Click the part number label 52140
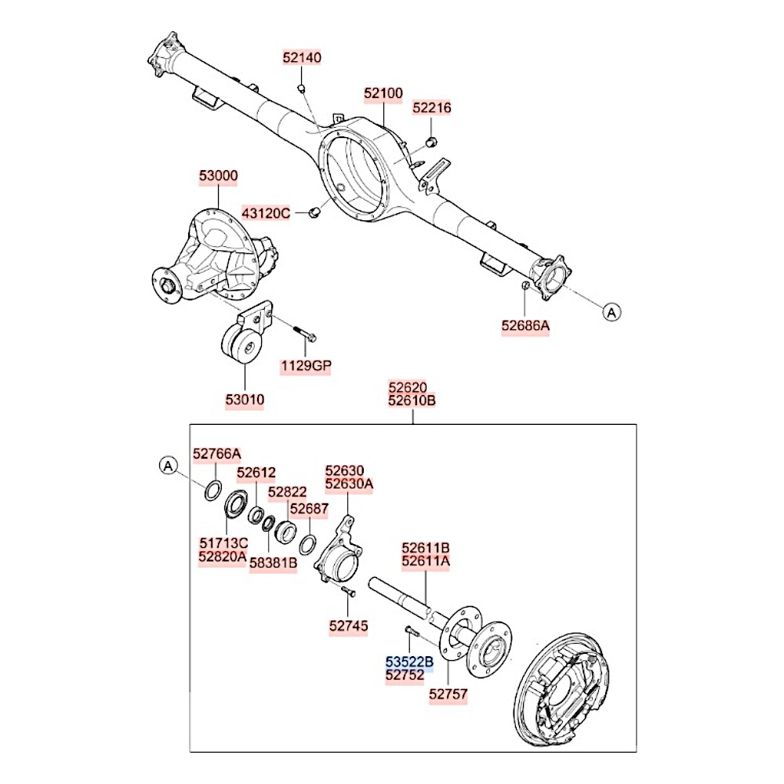coord(302,57)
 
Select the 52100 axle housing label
coord(383,93)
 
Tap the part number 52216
coord(431,108)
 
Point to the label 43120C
coord(266,213)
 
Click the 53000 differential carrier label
coord(219,176)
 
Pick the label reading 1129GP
coord(306,366)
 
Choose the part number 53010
coord(245,400)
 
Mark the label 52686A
coord(525,326)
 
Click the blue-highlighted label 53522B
coord(409,662)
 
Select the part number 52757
coord(448,694)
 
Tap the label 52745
coord(349,626)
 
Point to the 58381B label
coord(274,564)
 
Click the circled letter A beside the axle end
coord(612,313)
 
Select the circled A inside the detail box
coord(169,466)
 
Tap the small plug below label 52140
coord(302,89)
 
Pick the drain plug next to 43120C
coord(314,213)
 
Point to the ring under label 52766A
coord(213,489)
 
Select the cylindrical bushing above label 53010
coord(242,343)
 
